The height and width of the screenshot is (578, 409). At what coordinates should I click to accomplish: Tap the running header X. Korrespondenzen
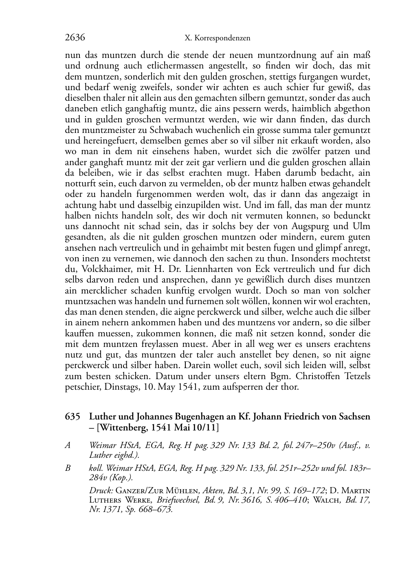click(217, 38)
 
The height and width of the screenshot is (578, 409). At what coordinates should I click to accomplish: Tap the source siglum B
click(68, 468)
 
